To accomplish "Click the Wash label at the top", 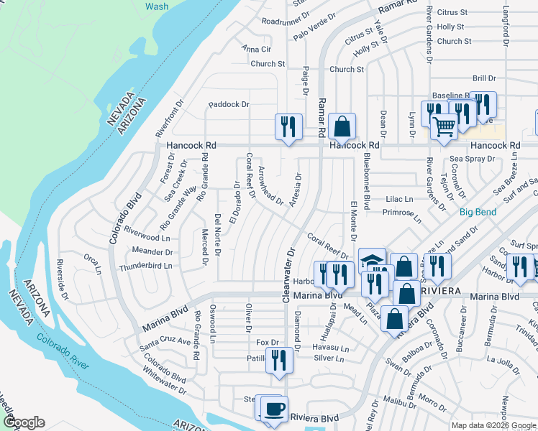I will [157, 6].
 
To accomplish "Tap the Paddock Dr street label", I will [229, 104].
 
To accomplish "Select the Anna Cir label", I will [256, 49].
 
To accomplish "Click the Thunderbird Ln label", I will [146, 265].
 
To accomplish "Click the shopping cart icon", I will [444, 126].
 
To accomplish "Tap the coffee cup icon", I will [273, 409].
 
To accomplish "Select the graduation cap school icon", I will [372, 261].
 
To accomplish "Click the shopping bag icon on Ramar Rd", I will [342, 126].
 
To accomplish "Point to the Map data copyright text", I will [493, 425].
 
